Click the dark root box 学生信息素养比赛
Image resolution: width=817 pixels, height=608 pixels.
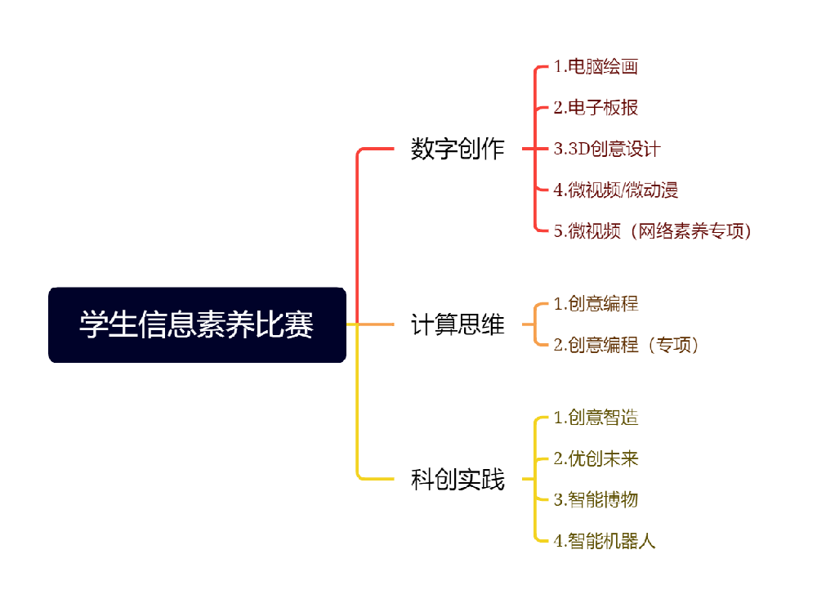(197, 324)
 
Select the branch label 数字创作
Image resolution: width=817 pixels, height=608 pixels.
(458, 149)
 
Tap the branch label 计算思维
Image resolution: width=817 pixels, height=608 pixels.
(458, 324)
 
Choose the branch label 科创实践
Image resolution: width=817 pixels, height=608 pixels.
(458, 480)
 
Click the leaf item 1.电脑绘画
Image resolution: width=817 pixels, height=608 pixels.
(596, 67)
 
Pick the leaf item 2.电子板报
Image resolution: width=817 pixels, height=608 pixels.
(596, 108)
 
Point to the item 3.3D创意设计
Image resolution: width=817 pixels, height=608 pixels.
(607, 149)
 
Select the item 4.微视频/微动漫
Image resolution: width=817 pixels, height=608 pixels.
(615, 190)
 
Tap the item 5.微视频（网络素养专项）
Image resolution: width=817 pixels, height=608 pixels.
(652, 230)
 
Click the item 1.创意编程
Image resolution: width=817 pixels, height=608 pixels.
(596, 304)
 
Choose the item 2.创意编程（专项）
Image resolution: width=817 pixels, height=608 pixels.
(626, 345)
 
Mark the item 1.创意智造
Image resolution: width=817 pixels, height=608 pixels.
(596, 418)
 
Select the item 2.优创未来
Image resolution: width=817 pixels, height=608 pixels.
(596, 459)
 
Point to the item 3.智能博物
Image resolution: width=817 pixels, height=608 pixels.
(596, 499)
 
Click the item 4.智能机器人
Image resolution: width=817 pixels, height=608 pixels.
(604, 541)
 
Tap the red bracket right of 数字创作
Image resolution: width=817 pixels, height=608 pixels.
(535, 149)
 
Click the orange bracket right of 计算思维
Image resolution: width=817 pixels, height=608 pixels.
(535, 324)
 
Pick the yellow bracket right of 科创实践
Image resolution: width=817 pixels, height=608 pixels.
(535, 480)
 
